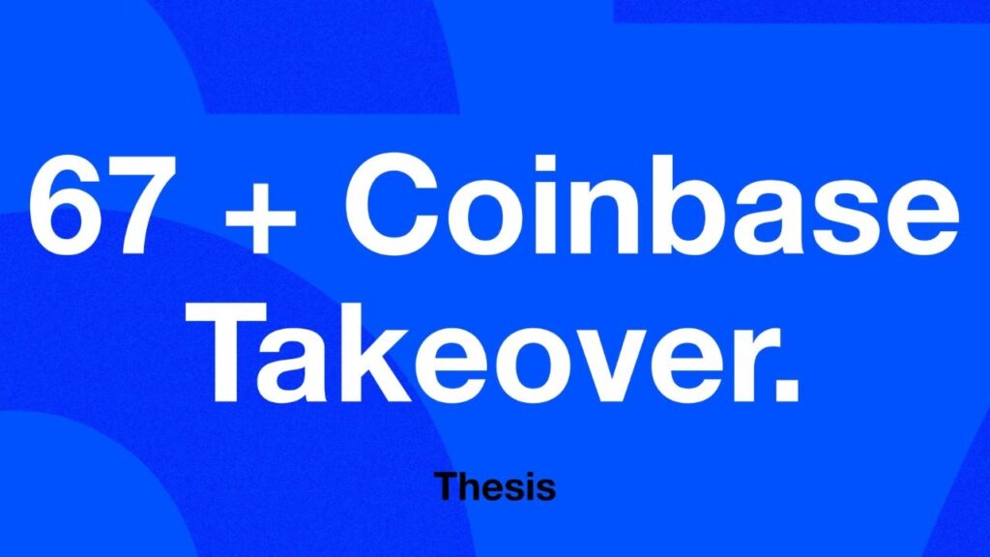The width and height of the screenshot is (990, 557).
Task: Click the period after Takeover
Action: (787, 390)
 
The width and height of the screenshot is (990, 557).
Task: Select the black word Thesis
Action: (495, 486)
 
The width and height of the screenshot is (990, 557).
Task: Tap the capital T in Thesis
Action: (446, 485)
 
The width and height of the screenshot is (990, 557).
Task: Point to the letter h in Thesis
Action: (471, 485)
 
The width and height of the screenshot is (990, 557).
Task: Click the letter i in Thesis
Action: (531, 485)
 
